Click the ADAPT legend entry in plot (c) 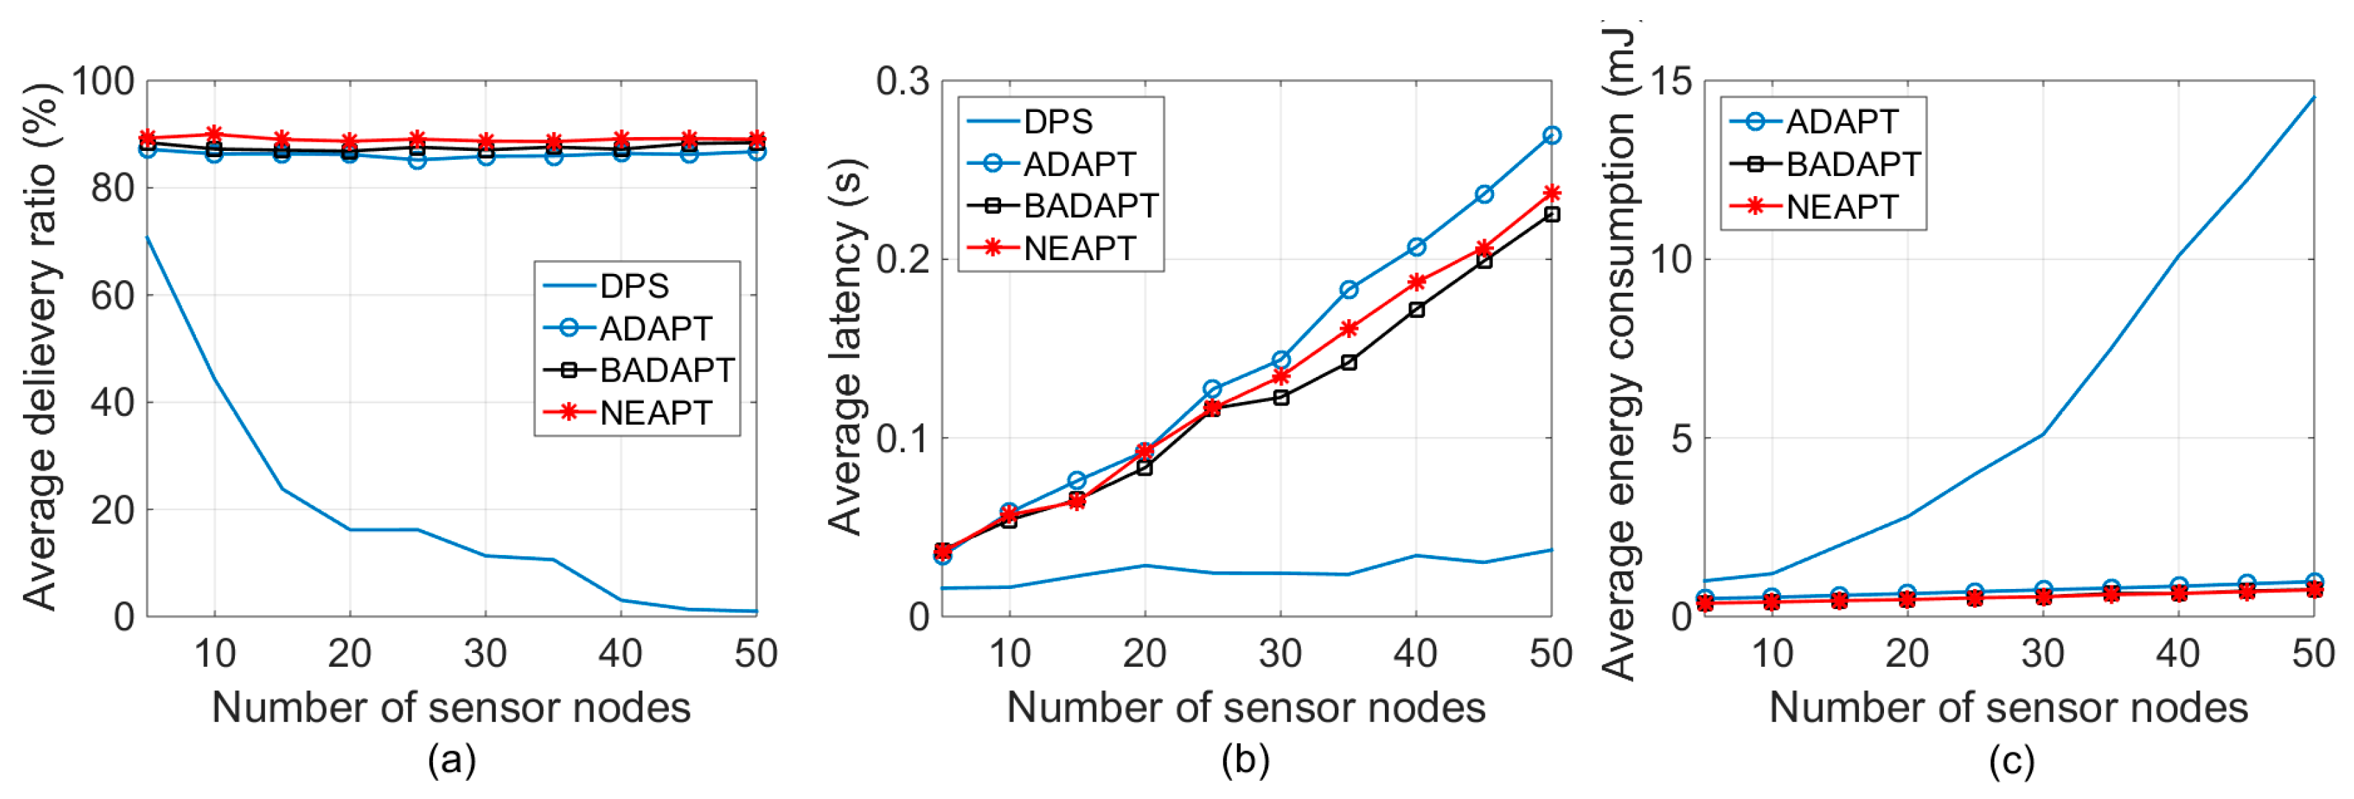[1842, 122]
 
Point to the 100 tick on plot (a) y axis [102, 81]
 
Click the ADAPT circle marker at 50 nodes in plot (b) [1551, 136]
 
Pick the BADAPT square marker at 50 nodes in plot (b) [1551, 214]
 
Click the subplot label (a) [451, 759]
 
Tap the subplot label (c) [2011, 759]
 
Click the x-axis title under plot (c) [2008, 708]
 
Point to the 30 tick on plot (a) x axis [485, 654]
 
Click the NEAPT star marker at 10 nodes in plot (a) [215, 134]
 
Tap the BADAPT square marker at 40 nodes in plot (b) [1415, 310]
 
